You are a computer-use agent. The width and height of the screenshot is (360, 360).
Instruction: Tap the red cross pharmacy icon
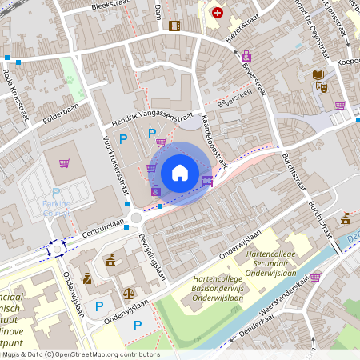[x=217, y=13]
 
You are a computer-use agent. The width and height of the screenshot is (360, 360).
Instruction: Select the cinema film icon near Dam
[x=174, y=26]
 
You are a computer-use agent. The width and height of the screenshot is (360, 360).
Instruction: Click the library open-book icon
[x=318, y=75]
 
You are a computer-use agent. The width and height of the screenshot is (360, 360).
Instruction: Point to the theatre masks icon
[x=322, y=88]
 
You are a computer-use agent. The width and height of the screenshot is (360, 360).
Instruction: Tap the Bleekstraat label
[x=110, y=6]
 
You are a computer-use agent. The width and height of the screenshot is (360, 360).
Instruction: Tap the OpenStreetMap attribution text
[x=80, y=354]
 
